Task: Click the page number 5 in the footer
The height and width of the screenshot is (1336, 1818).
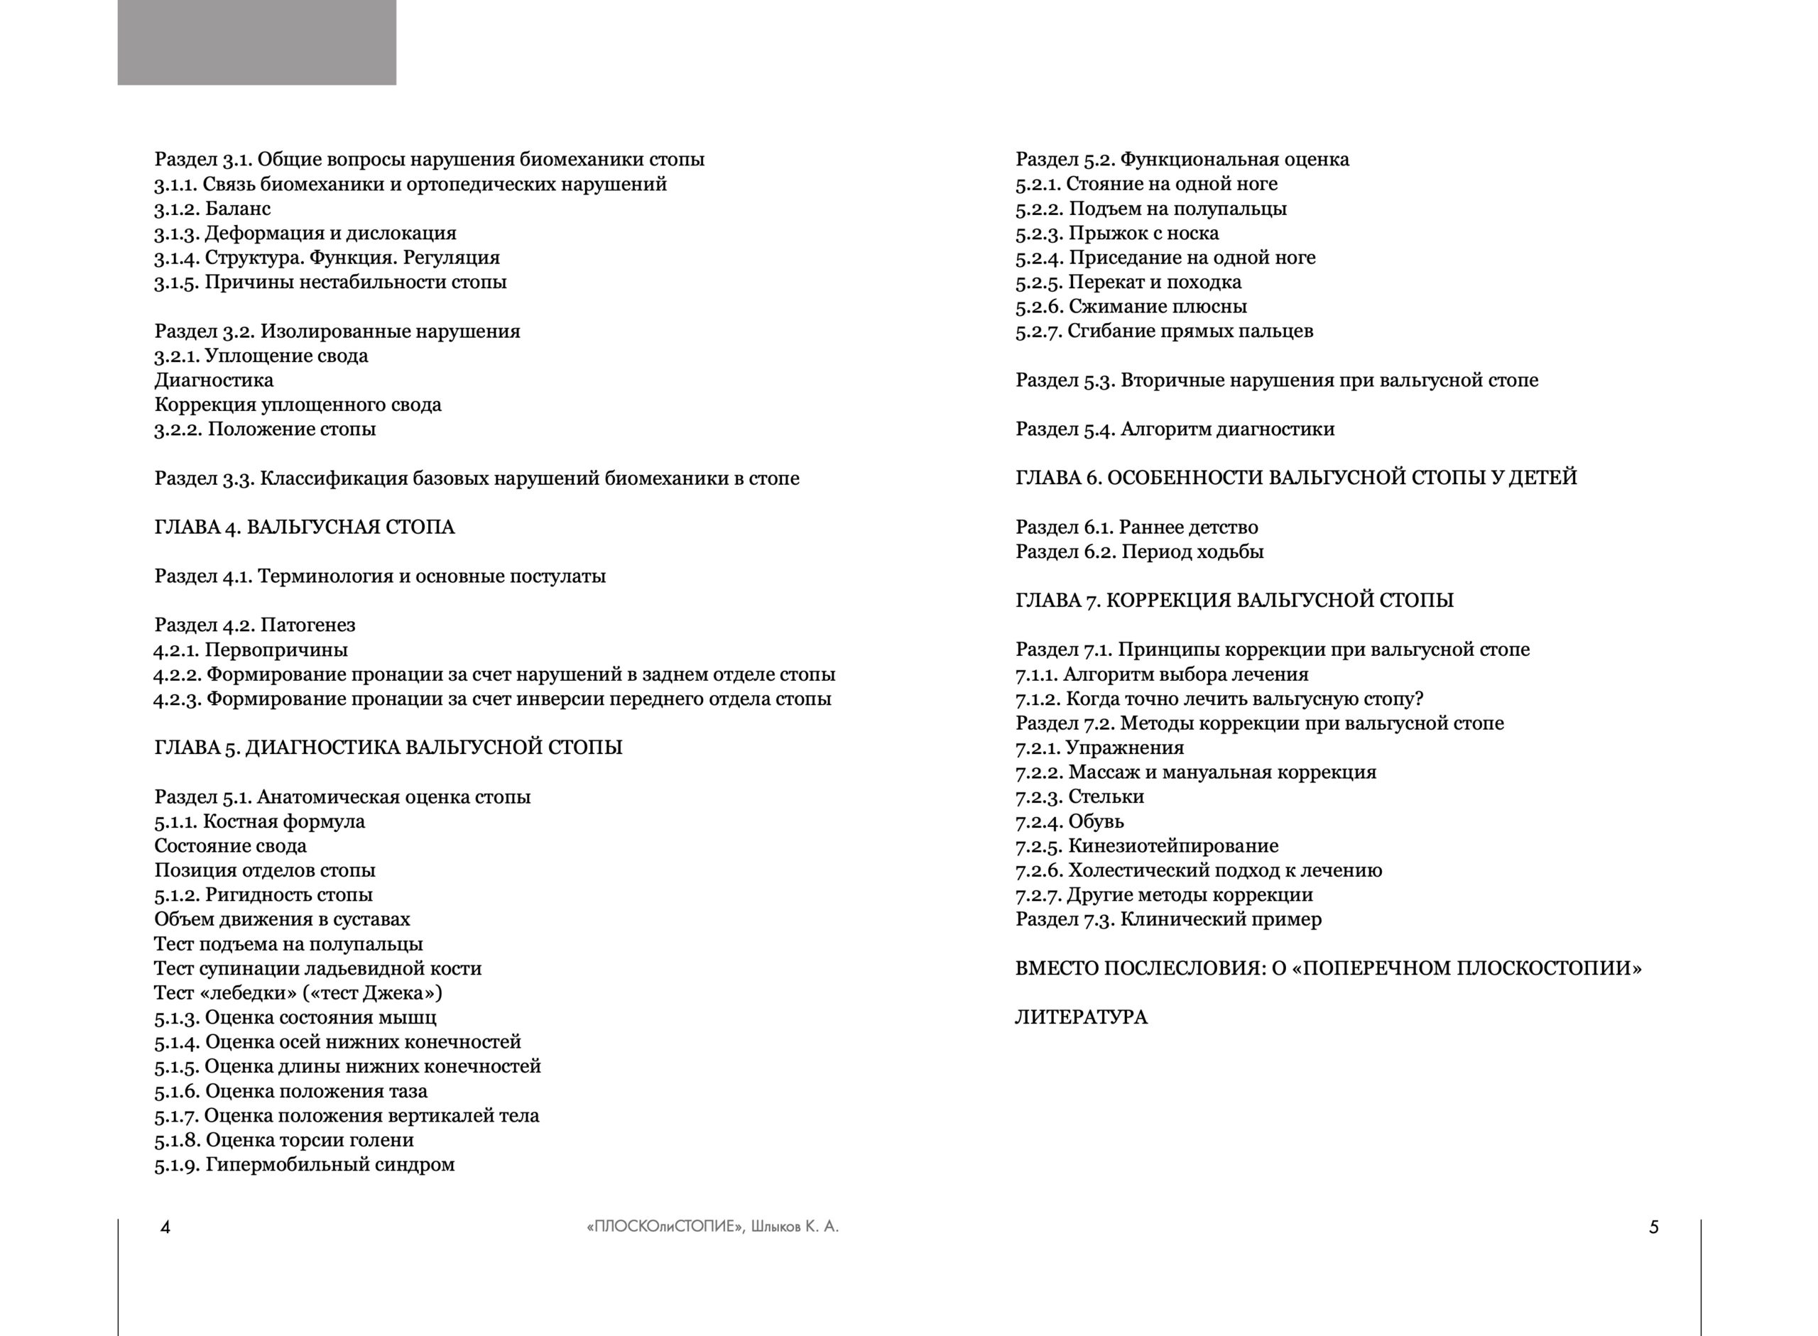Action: (1653, 1227)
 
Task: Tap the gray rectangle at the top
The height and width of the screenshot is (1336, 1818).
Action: (256, 42)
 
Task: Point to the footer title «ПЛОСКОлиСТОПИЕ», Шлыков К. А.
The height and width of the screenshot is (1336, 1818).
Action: (712, 1227)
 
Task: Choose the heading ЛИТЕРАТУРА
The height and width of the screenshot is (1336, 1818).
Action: (1081, 1017)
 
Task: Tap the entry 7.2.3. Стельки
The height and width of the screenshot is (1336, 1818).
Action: (1079, 796)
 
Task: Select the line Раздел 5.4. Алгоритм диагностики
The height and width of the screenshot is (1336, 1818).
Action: (1175, 429)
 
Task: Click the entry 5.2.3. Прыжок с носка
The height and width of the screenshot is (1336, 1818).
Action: (1116, 234)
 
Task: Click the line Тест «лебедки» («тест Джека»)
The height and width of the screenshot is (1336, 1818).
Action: (298, 993)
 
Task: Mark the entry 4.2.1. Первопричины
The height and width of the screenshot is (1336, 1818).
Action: (251, 650)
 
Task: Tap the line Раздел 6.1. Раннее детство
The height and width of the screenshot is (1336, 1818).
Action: (1136, 527)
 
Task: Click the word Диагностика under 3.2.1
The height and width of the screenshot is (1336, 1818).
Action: (214, 380)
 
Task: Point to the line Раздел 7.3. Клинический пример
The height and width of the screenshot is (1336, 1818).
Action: (1168, 919)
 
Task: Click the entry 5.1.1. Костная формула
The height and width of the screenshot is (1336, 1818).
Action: (259, 821)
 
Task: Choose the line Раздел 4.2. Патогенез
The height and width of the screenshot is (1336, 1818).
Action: (255, 625)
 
